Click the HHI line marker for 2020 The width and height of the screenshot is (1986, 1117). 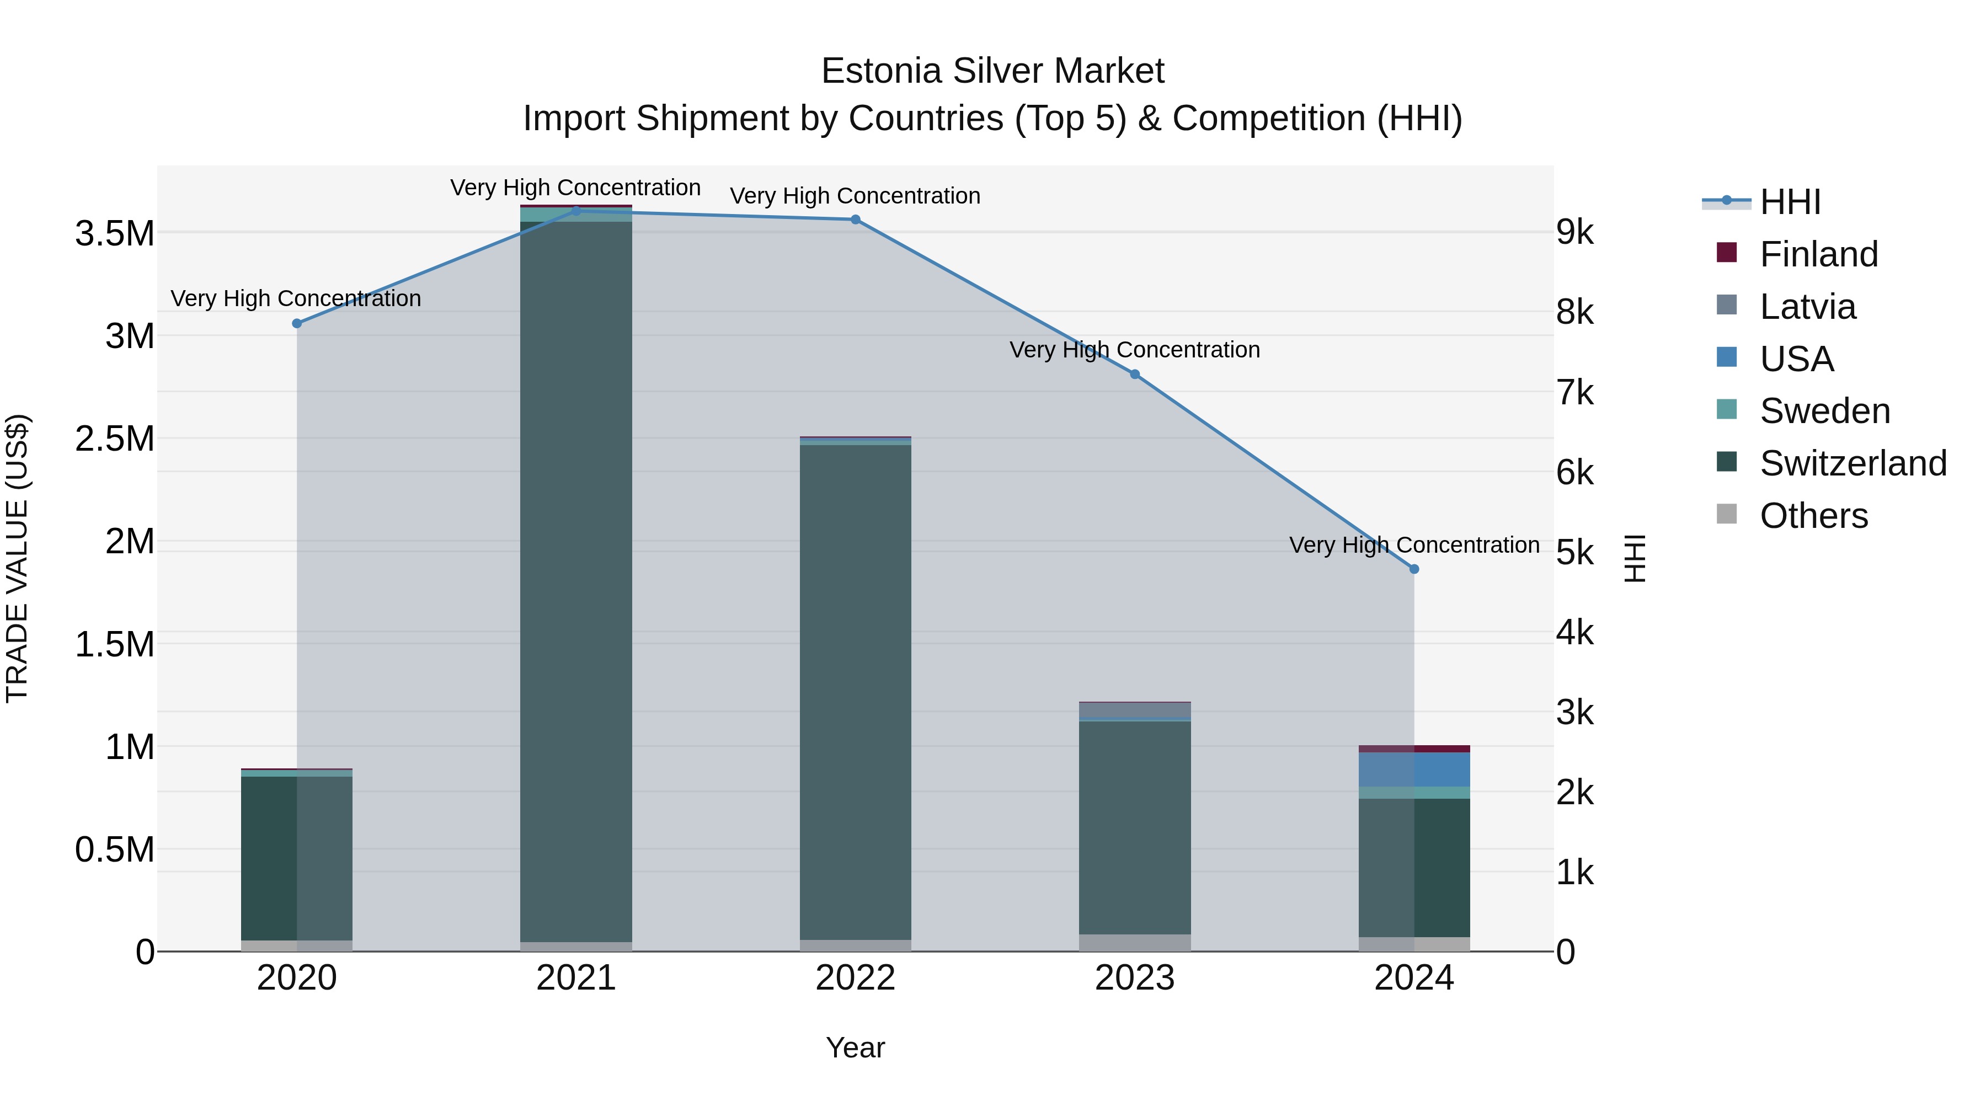click(x=297, y=323)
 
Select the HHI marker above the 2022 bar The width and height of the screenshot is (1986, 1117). click(x=855, y=220)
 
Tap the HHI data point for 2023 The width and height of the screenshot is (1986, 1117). click(x=1135, y=375)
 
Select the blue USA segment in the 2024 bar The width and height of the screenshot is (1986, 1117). click(x=1414, y=769)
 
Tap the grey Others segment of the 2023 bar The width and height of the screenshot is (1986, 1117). click(x=1135, y=943)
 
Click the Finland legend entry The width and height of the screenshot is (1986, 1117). click(x=1818, y=254)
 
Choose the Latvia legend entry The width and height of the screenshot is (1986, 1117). click(x=1807, y=307)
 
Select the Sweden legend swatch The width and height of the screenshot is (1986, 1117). click(x=1727, y=410)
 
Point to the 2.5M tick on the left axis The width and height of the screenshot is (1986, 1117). click(x=115, y=439)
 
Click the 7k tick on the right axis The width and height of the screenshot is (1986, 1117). click(x=1574, y=392)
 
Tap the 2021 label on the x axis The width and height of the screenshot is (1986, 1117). click(x=576, y=978)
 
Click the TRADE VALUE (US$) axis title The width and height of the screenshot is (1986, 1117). click(x=17, y=558)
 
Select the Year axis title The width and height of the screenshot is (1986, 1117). click(x=855, y=1047)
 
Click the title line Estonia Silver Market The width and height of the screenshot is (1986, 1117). click(x=992, y=71)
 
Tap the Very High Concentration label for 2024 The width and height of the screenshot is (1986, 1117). click(x=1414, y=545)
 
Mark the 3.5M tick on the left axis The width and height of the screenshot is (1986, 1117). click(x=115, y=233)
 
